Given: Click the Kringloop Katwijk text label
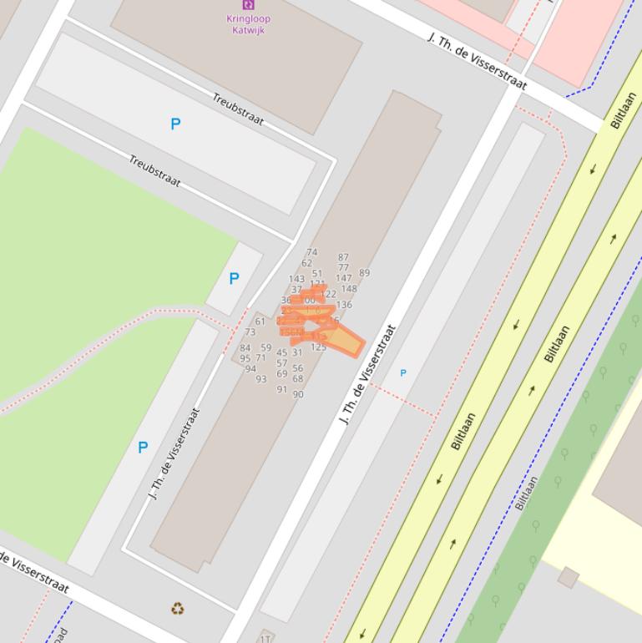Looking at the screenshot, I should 248,24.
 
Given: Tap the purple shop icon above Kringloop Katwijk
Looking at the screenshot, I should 248,4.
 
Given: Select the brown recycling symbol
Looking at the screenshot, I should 178,609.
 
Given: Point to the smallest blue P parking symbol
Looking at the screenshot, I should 403,373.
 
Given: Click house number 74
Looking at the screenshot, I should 311,252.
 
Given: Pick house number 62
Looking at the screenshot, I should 306,263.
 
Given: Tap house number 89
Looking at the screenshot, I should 364,273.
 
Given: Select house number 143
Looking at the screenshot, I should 296,279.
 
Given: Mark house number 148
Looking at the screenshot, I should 349,290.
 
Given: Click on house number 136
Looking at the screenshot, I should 344,305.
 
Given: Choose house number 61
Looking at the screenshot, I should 260,321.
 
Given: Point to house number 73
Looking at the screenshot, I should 250,332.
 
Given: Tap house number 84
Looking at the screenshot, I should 245,348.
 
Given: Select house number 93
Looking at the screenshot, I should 261,379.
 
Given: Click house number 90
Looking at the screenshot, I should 298,394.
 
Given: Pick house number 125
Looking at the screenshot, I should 318,347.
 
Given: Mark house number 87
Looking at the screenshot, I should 343,258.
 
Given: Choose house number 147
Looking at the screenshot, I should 343,278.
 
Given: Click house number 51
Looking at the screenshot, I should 317,273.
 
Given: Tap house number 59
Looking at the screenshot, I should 265,347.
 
